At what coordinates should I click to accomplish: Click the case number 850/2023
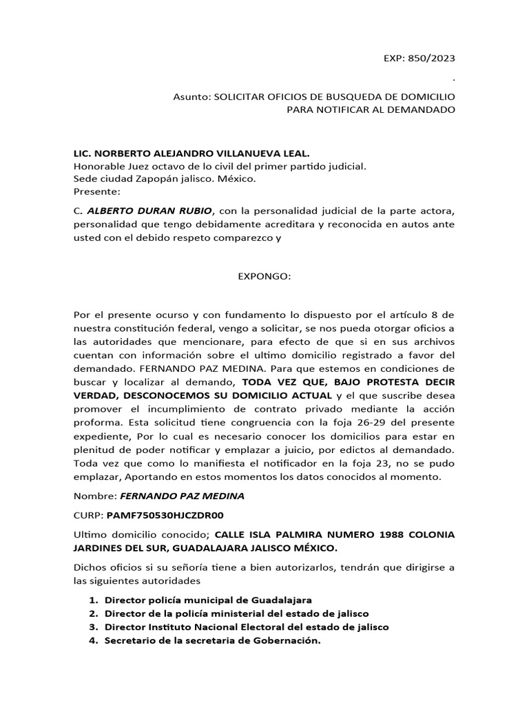[431, 59]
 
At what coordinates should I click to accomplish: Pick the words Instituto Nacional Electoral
[222, 627]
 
